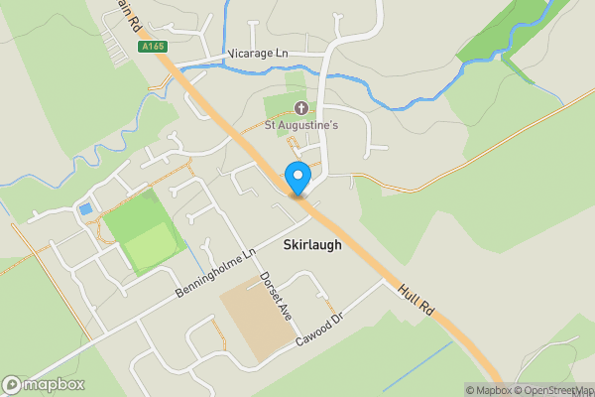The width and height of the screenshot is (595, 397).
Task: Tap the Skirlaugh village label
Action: pos(311,244)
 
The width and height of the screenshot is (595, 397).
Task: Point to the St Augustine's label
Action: pos(301,125)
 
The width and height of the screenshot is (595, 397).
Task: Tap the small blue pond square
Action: pos(85,209)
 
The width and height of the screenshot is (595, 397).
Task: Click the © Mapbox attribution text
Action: pos(488,390)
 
